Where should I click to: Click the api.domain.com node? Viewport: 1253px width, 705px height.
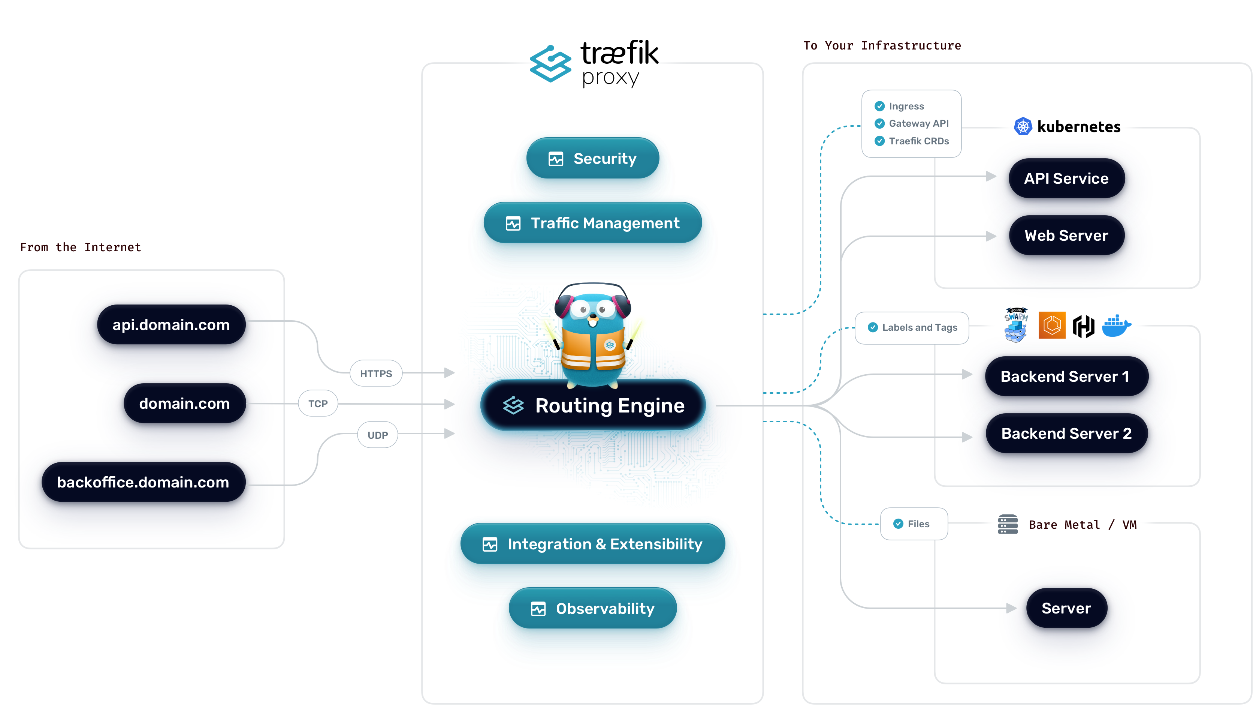click(x=171, y=324)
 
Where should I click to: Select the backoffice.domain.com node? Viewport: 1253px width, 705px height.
click(x=144, y=481)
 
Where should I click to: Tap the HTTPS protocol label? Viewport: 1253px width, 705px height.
click(x=375, y=373)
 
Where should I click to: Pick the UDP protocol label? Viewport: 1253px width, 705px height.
click(x=377, y=435)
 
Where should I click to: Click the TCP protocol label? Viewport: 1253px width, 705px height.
click(x=318, y=403)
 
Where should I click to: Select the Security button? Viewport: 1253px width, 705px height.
click(x=592, y=158)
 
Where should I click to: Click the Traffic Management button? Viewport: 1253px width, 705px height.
click(x=592, y=223)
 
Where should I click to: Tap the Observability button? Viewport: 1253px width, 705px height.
click(x=592, y=608)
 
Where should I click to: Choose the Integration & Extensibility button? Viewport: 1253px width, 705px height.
click(x=592, y=544)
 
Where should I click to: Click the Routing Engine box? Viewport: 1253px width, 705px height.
click(x=592, y=405)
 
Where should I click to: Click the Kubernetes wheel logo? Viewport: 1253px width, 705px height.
click(x=1023, y=127)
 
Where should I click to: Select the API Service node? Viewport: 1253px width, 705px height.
click(x=1066, y=178)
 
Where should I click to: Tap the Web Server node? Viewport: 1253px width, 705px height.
click(x=1066, y=235)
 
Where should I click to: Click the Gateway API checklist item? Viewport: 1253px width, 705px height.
click(x=918, y=123)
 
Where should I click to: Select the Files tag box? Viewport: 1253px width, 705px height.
click(x=914, y=523)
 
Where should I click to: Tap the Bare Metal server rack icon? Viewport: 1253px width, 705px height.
click(x=1007, y=524)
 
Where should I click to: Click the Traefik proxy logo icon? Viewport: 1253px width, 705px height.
click(x=550, y=64)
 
